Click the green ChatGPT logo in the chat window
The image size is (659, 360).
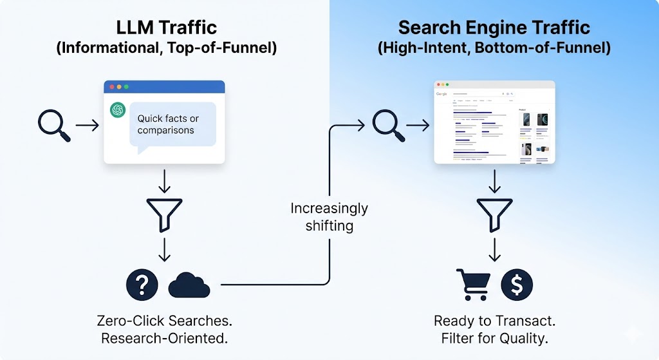tap(118, 110)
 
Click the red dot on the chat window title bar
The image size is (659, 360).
tap(111, 86)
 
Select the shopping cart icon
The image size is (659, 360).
tap(472, 285)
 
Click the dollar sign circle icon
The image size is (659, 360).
tap(517, 285)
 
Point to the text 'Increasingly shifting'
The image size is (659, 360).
tap(329, 217)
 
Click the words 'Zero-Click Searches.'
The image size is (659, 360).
tap(164, 321)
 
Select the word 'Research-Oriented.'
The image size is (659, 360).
tap(164, 339)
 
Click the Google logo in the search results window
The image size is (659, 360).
tap(441, 94)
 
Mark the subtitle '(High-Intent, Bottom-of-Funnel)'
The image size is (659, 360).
tap(494, 48)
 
